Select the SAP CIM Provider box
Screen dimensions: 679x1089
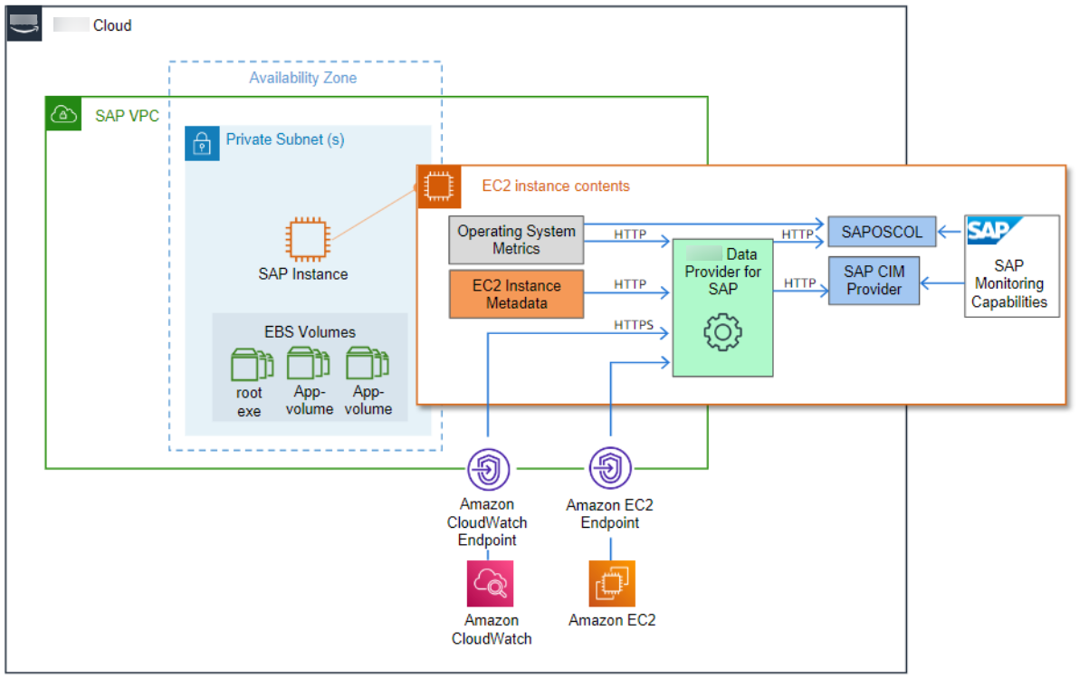pyautogui.click(x=874, y=280)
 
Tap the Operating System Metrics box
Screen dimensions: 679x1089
pyautogui.click(x=516, y=240)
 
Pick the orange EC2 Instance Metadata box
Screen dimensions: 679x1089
pyautogui.click(x=516, y=294)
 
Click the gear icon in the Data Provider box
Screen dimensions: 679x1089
pyautogui.click(x=722, y=333)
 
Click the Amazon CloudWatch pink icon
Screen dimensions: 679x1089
pyautogui.click(x=490, y=583)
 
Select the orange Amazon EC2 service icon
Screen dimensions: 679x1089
pyautogui.click(x=611, y=583)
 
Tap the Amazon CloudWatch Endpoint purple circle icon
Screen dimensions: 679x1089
pyautogui.click(x=489, y=469)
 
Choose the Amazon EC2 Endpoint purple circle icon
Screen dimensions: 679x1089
pyautogui.click(x=611, y=469)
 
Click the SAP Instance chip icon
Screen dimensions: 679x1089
pyautogui.click(x=302, y=238)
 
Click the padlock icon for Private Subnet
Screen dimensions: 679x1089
pyautogui.click(x=202, y=143)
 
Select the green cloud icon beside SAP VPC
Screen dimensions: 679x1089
pyautogui.click(x=63, y=114)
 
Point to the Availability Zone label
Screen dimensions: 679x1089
pyautogui.click(x=302, y=78)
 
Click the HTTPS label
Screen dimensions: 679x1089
pyautogui.click(x=633, y=324)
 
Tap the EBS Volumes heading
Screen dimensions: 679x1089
pyautogui.click(x=310, y=332)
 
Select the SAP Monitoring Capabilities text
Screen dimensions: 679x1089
pyautogui.click(x=1009, y=284)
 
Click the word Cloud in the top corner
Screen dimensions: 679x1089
pyautogui.click(x=112, y=25)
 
